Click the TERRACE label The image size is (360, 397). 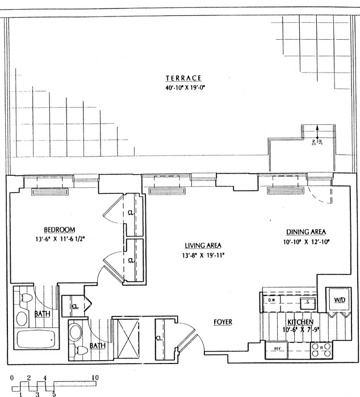(x=183, y=78)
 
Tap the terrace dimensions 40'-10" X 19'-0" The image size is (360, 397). (x=183, y=87)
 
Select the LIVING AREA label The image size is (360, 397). (x=202, y=246)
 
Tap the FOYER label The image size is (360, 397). (x=223, y=322)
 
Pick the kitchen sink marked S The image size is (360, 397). (x=307, y=302)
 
